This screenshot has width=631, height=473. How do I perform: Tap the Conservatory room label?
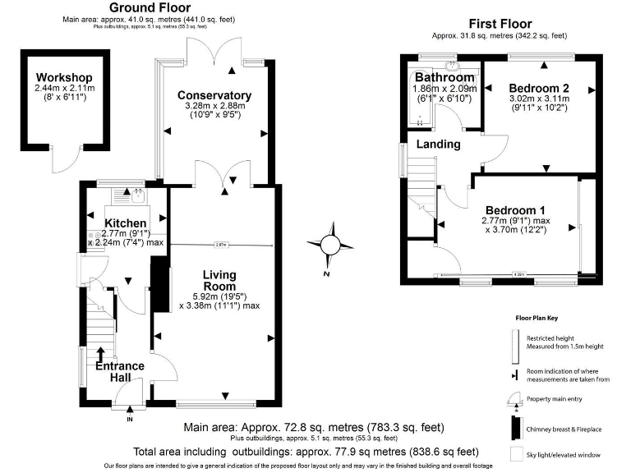pyautogui.click(x=214, y=95)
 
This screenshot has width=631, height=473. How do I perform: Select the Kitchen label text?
pyautogui.click(x=126, y=223)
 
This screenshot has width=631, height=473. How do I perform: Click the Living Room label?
pyautogui.click(x=219, y=280)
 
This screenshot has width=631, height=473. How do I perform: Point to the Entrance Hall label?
pyautogui.click(x=119, y=372)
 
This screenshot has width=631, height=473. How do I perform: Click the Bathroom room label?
pyautogui.click(x=444, y=77)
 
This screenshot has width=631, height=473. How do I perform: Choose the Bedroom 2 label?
pyautogui.click(x=540, y=88)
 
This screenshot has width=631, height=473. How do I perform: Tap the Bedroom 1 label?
pyautogui.click(x=513, y=209)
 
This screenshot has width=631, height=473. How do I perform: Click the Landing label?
pyautogui.click(x=436, y=145)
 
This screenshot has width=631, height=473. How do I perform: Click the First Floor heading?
pyautogui.click(x=500, y=24)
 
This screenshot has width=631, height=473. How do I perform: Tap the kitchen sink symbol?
pyautogui.click(x=134, y=195)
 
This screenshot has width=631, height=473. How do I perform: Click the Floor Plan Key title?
pyautogui.click(x=537, y=315)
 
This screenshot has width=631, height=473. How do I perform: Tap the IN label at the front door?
pyautogui.click(x=129, y=420)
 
